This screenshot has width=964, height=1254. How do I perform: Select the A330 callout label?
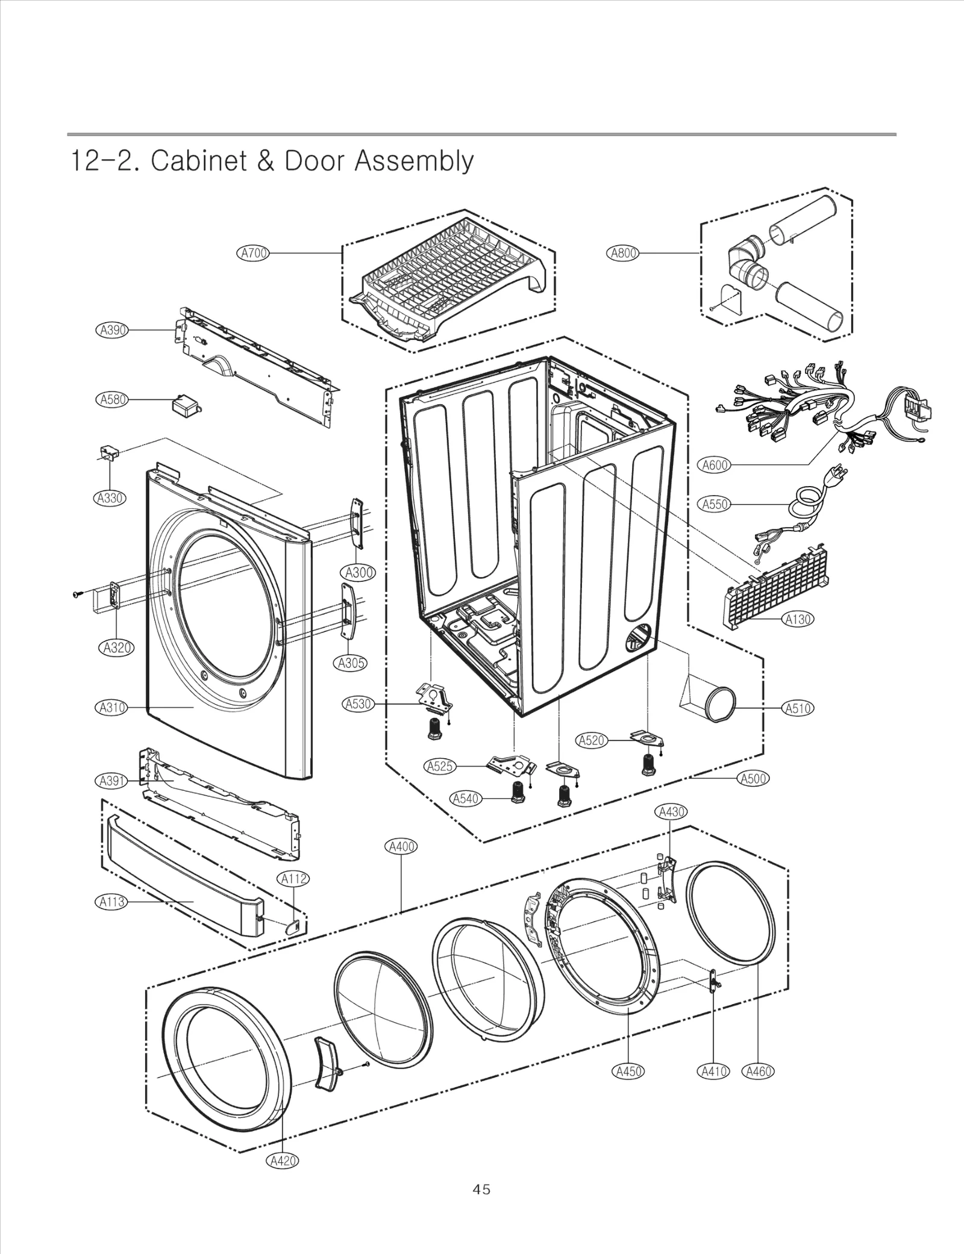point(111,498)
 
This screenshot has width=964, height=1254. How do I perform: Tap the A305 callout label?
point(350,663)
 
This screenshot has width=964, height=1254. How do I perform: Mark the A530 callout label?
point(358,703)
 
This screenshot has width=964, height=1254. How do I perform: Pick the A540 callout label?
point(466,799)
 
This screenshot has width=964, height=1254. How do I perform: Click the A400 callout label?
point(401,846)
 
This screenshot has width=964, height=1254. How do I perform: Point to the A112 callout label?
point(294,879)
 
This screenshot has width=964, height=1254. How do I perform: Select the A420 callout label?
point(282,1161)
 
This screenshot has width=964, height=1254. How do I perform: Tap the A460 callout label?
point(758,1072)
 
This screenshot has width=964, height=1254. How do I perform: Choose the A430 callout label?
point(671,811)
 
